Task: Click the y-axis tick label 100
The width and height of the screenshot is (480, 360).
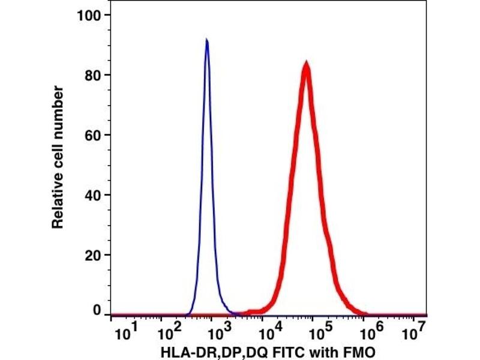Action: pos(90,14)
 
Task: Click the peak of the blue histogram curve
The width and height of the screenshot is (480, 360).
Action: pos(207,41)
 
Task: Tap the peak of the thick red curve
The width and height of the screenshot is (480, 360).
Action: pos(306,63)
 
